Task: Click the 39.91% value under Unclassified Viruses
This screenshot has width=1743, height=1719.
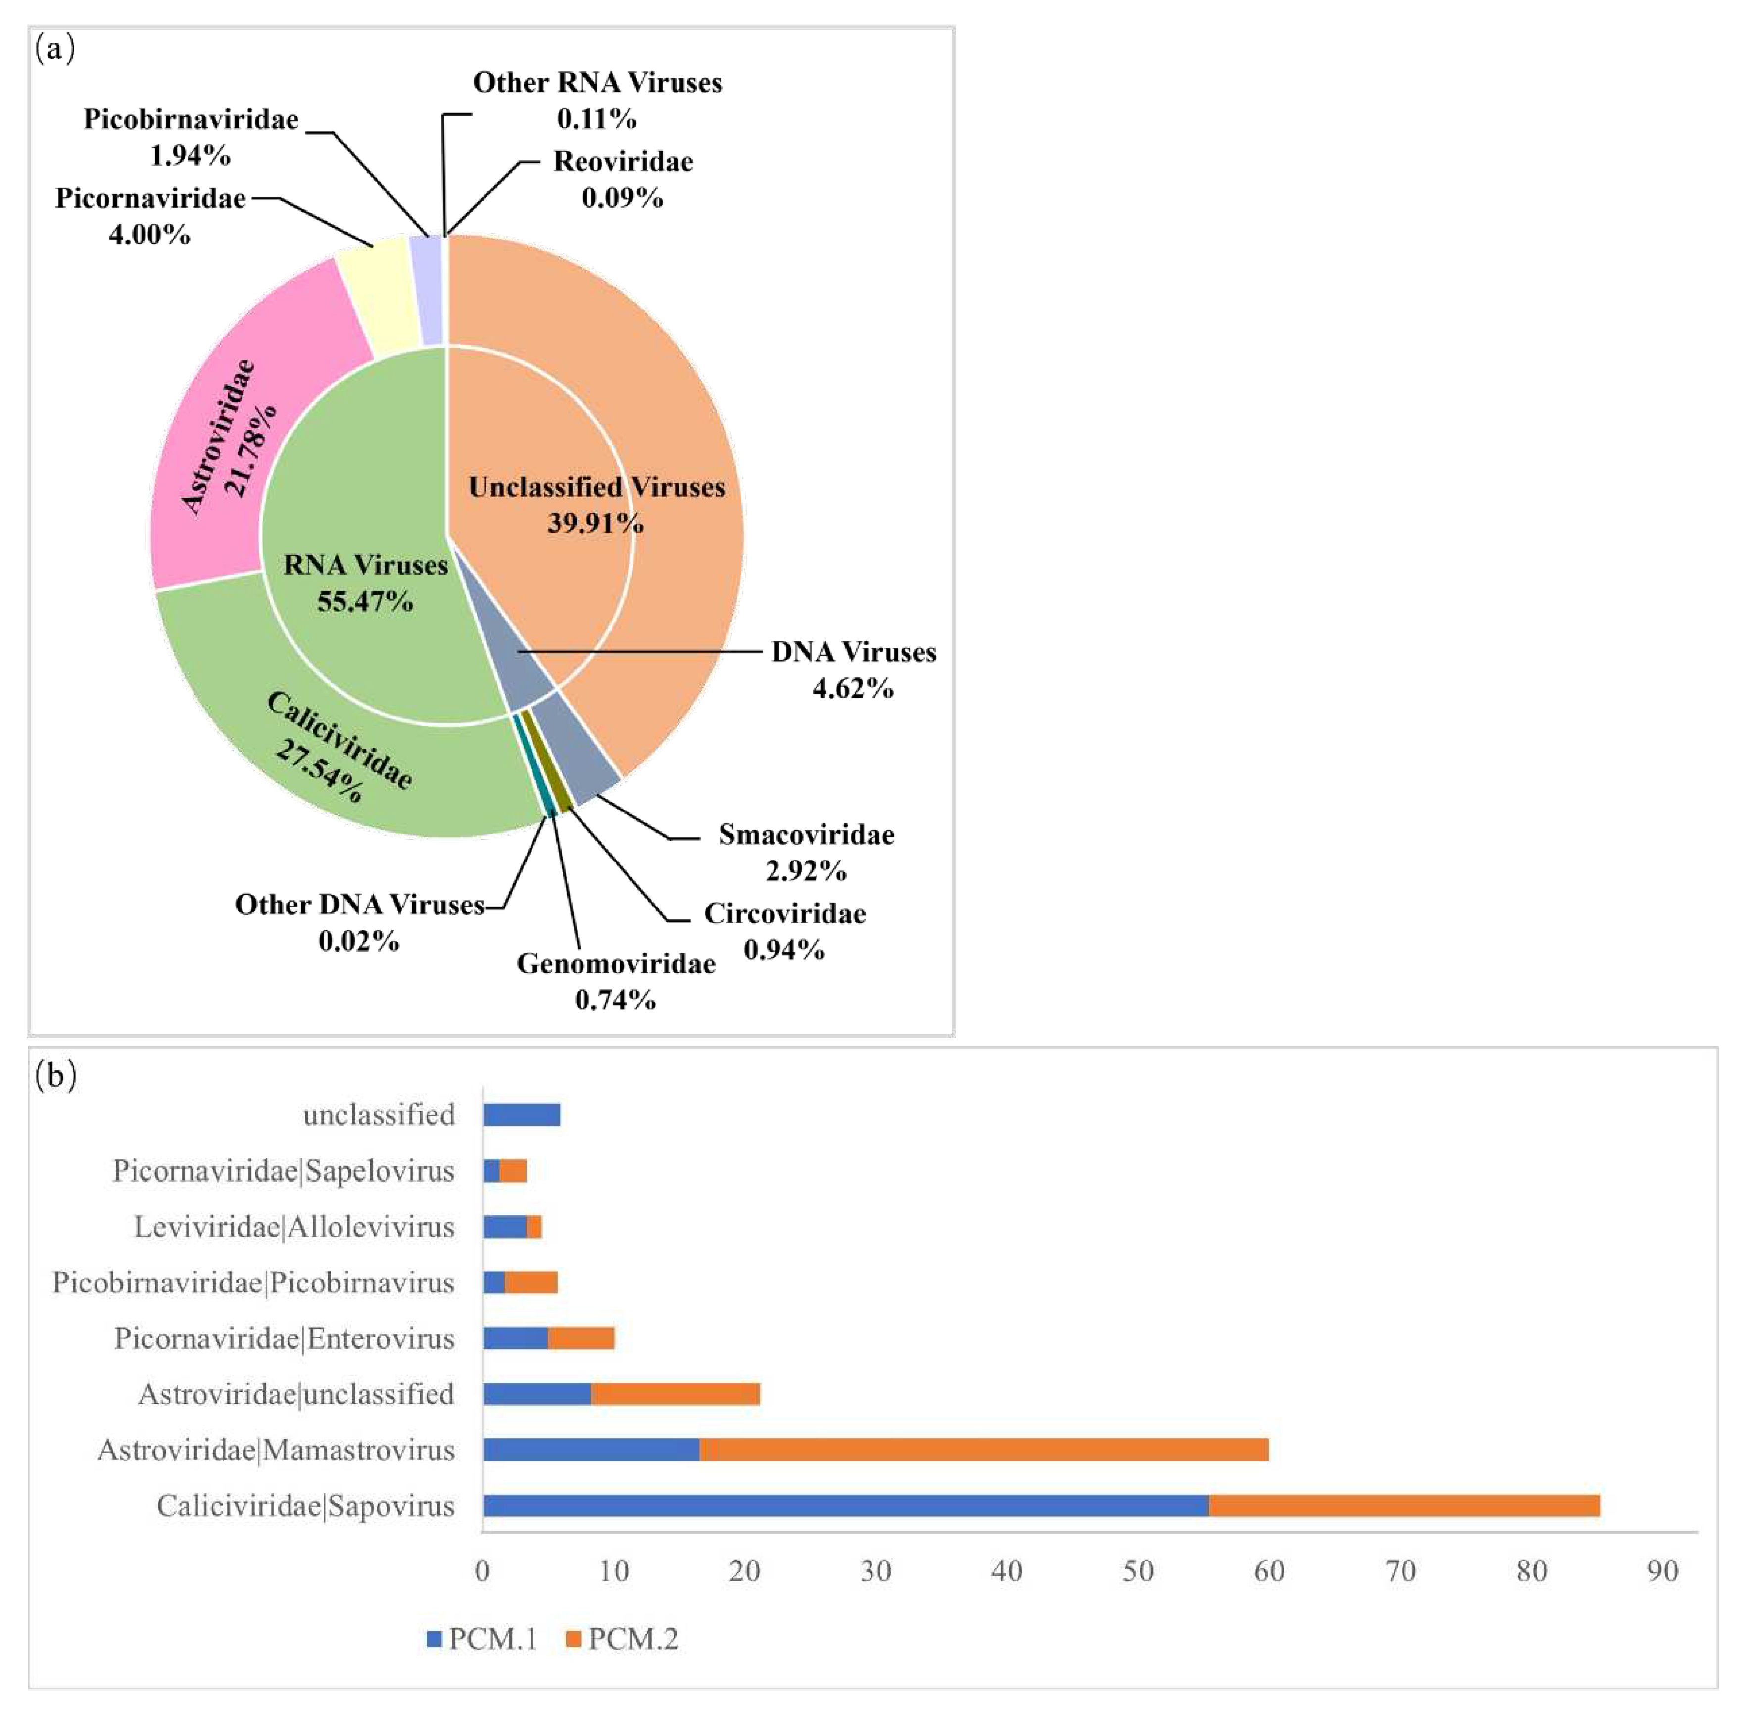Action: coord(595,523)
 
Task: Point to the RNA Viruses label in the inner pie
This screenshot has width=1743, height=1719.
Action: coord(365,566)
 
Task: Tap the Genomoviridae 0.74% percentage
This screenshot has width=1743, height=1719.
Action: coord(615,1000)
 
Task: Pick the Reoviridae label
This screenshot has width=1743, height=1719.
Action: coord(623,161)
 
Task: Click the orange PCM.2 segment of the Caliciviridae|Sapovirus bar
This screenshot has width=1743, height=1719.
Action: coord(1404,1505)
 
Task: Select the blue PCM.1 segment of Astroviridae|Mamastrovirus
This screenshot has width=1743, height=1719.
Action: coord(591,1449)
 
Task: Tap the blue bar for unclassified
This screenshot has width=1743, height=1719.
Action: coord(522,1115)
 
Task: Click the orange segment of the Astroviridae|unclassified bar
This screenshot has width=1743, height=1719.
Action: coord(675,1393)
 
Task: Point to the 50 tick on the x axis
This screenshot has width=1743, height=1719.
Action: coord(1138,1571)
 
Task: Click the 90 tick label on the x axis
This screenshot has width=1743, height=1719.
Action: coord(1662,1571)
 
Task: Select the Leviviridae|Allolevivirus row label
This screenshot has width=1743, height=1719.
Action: coord(294,1227)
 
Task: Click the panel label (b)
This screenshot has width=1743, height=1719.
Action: coord(55,1075)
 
